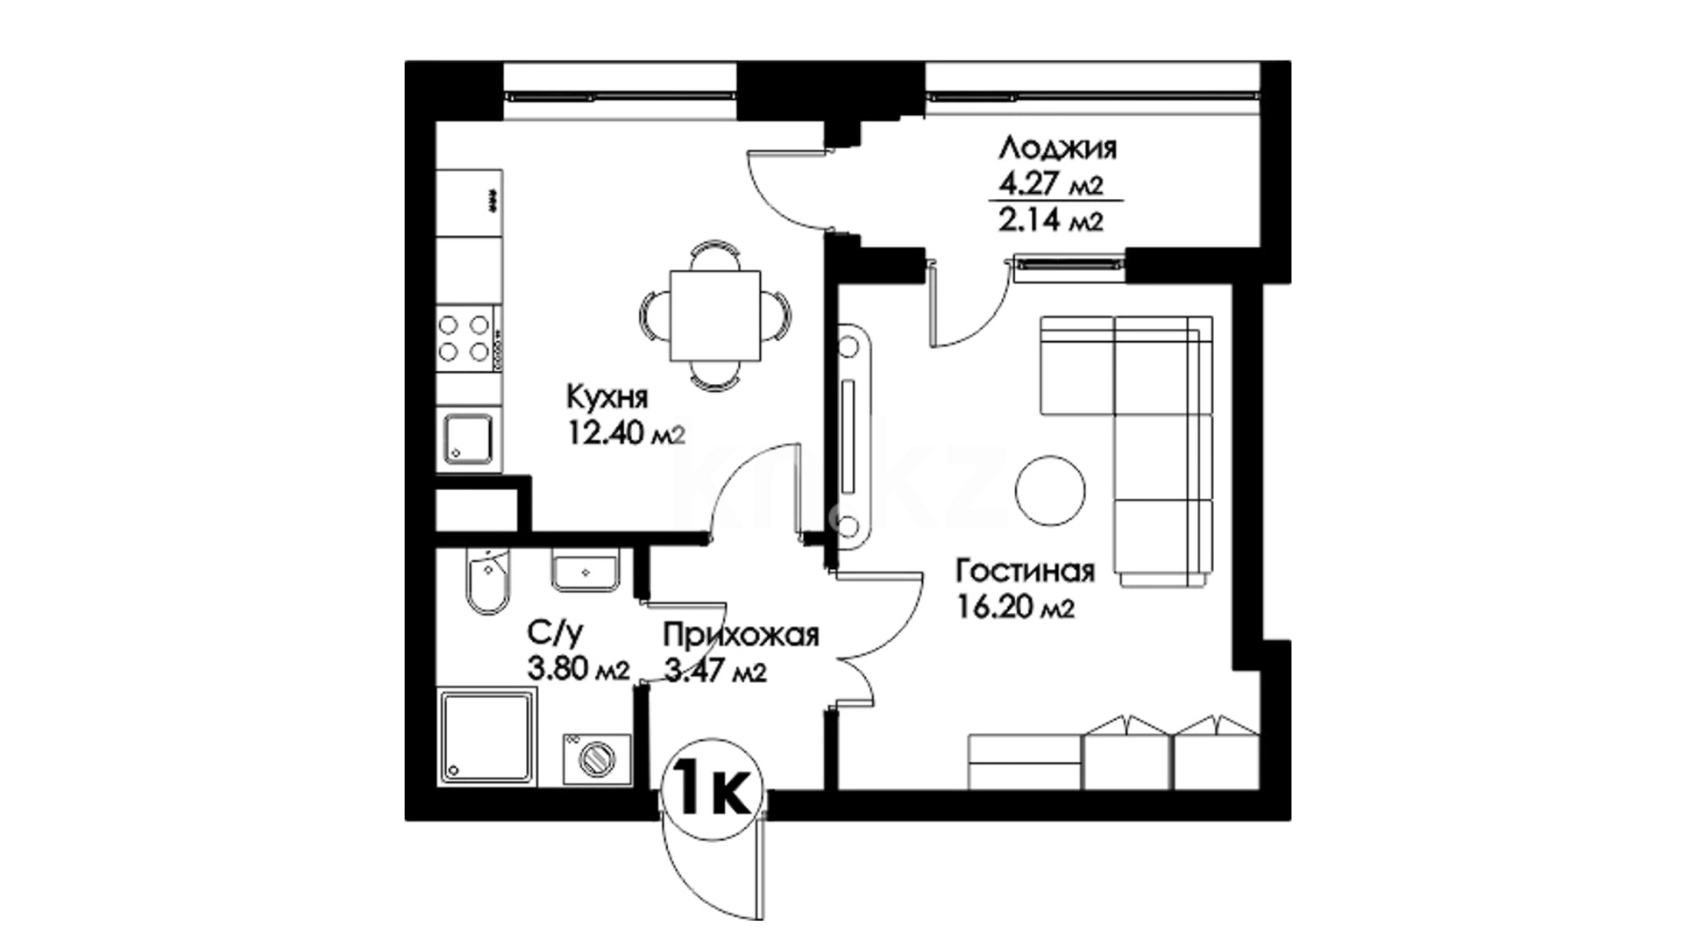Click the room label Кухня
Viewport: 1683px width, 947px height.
coord(607,397)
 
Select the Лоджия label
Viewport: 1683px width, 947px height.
coord(1058,147)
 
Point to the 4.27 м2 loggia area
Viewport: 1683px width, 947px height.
coord(1050,184)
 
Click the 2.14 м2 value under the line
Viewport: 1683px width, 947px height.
coord(1050,219)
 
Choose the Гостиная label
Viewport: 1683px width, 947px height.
coord(1026,572)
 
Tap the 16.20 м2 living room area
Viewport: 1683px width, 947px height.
coord(1015,607)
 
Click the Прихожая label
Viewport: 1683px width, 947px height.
coord(741,635)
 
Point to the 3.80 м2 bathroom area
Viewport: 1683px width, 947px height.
coord(579,670)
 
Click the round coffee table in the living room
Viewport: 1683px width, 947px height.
coord(1050,491)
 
